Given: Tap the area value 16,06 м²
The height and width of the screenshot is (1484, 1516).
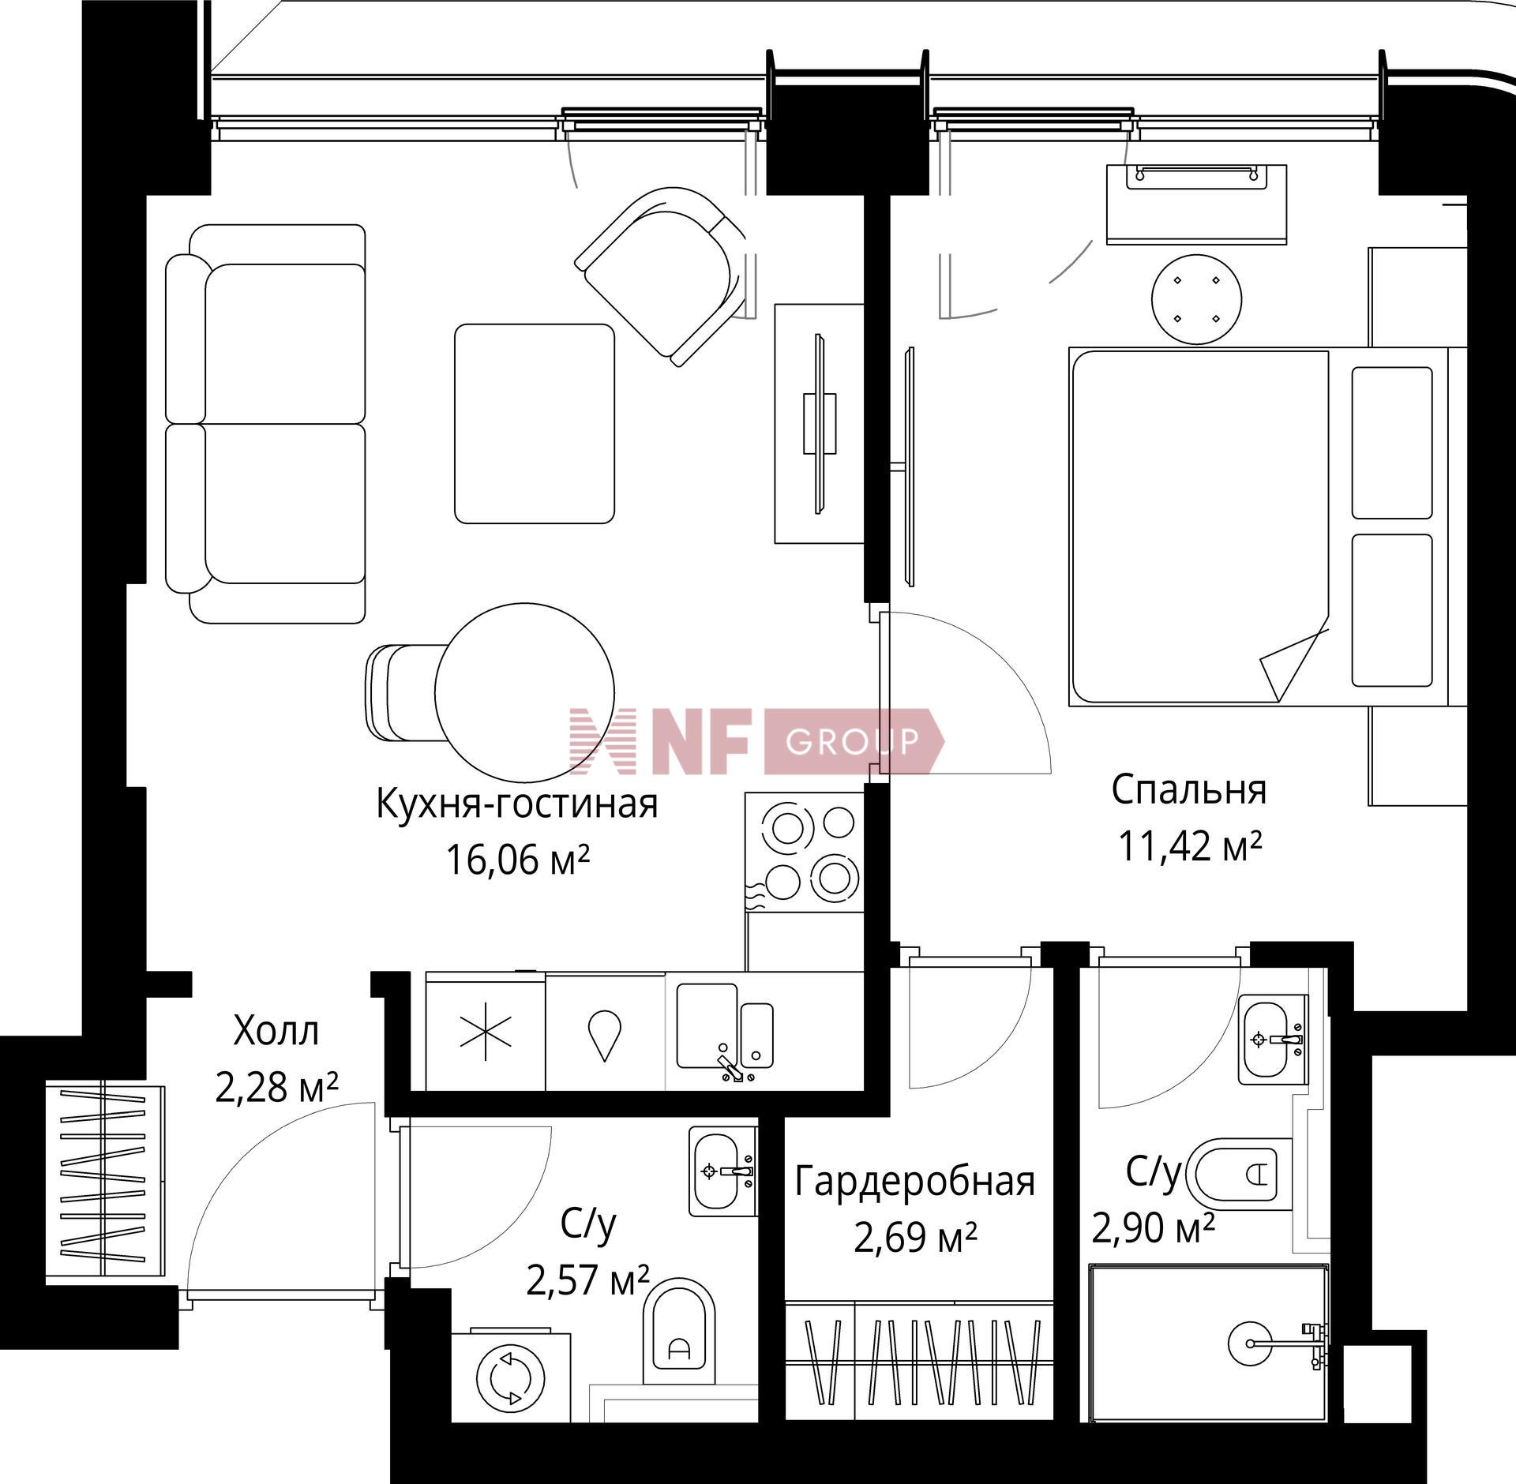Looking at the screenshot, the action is coord(518,860).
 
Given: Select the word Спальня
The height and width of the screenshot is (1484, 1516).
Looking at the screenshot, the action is coord(1189,790).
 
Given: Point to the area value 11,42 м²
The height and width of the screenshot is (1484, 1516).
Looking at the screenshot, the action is coord(1190,845).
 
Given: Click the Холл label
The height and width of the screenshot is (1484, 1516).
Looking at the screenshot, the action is coord(276,1031).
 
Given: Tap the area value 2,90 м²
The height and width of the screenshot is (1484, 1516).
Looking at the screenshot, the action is coord(1153,1250).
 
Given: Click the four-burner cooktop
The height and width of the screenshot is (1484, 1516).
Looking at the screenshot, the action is coord(805,853).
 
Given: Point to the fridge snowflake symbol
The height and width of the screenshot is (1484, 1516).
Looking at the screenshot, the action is coord(486,1030).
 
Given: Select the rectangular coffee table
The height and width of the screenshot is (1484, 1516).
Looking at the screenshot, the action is coord(535,423).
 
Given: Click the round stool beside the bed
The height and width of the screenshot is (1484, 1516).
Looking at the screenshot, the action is coord(1196,299).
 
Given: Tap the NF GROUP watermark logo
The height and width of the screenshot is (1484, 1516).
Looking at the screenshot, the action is coord(756,740).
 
